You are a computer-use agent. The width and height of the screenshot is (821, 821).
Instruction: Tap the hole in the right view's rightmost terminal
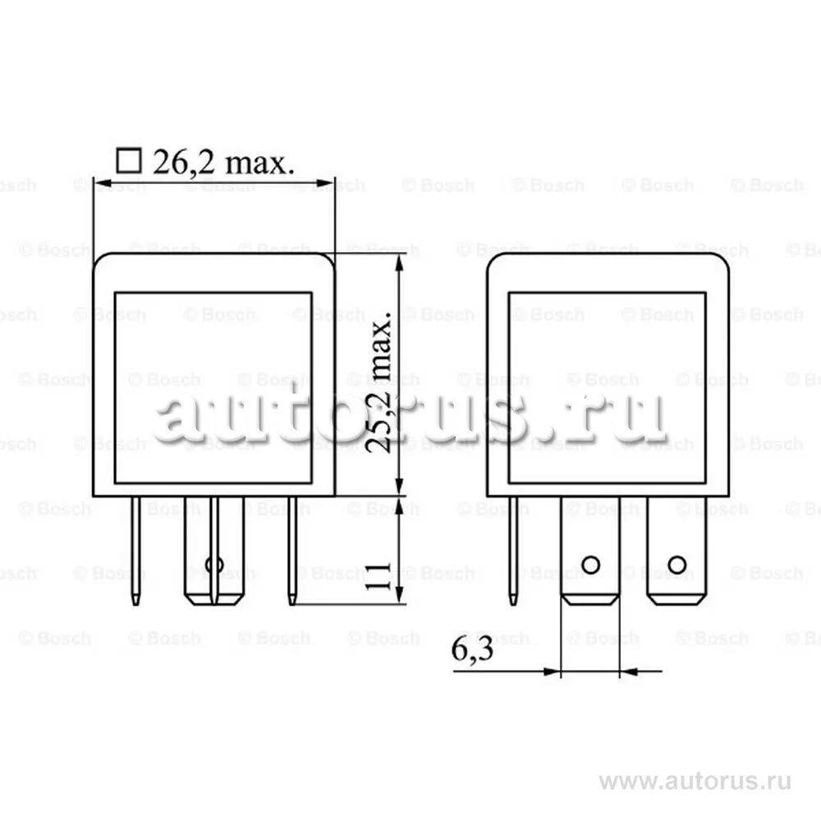point(677,564)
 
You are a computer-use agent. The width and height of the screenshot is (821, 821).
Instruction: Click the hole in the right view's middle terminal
point(589,564)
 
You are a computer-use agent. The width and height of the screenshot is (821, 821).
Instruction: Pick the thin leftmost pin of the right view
point(513,550)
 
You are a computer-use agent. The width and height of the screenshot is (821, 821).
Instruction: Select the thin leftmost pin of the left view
point(136,550)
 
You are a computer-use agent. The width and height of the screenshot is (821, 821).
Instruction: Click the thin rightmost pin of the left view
point(291,550)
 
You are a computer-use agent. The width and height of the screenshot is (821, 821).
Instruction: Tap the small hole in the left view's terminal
point(214,565)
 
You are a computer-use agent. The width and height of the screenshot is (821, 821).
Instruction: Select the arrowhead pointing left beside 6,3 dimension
point(628,672)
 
